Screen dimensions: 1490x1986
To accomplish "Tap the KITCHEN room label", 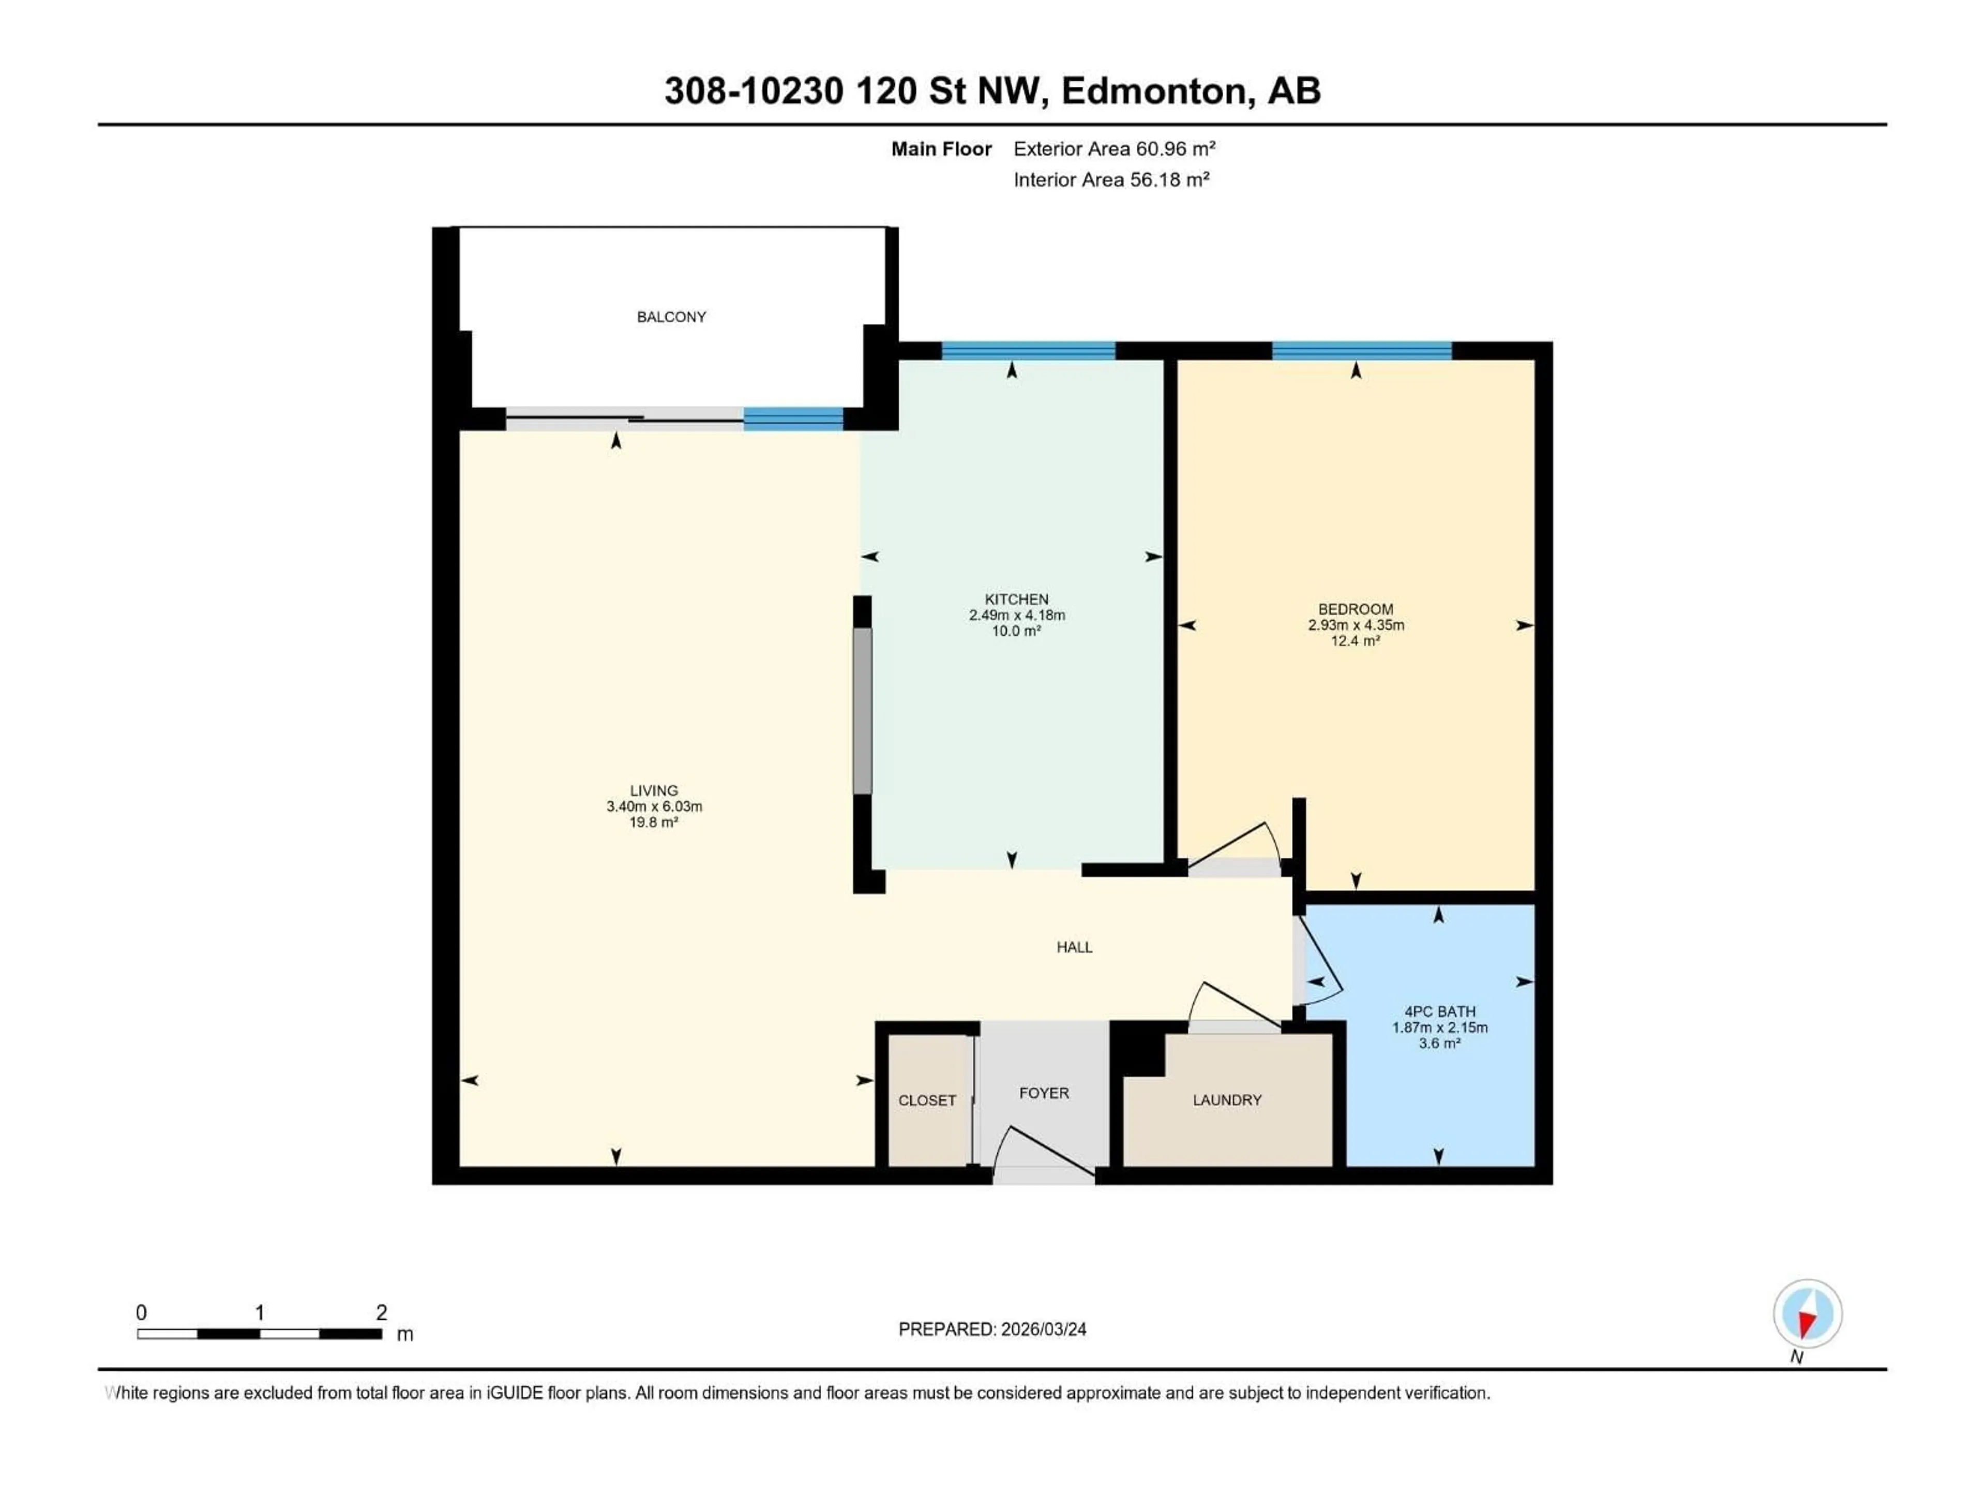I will pyautogui.click(x=1016, y=599).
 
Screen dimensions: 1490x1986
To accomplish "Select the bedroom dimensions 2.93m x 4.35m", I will pyautogui.click(x=1356, y=625).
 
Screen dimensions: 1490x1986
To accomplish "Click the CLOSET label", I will pyautogui.click(x=927, y=1101).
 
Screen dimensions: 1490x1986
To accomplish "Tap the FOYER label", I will pyautogui.click(x=1043, y=1094).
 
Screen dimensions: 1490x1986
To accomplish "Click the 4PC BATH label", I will pyautogui.click(x=1439, y=1011).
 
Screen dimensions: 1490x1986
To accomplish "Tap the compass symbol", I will pyautogui.click(x=1808, y=1314).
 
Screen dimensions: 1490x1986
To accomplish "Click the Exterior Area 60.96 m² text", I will pyautogui.click(x=1114, y=149).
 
